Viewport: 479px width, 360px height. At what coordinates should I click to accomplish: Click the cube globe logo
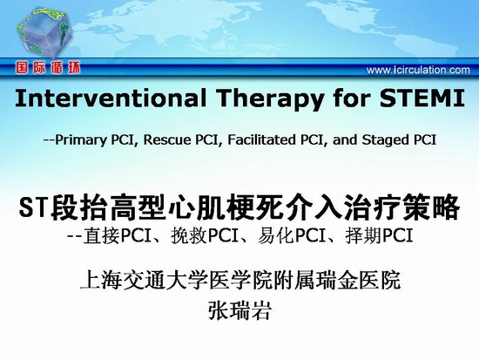pos(44,33)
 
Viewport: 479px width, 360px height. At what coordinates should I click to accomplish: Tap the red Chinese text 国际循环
pos(48,68)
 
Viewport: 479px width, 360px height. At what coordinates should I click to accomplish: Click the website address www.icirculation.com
pos(418,70)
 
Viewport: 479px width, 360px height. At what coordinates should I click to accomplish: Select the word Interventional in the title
pos(111,98)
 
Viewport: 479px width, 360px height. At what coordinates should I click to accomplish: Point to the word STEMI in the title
pos(422,98)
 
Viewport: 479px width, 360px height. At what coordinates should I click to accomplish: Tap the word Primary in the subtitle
pos(81,140)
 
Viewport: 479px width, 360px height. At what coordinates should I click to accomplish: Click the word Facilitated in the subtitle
pos(261,139)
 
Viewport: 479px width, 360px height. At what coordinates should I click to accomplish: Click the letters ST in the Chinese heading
pos(34,207)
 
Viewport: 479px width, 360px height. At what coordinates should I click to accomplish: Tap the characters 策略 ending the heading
pos(431,207)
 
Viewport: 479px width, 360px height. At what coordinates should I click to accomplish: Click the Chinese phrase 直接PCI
pos(117,236)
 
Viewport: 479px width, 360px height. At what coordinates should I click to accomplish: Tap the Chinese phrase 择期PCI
pos(380,236)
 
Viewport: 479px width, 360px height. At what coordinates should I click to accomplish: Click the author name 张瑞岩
pos(239,310)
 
